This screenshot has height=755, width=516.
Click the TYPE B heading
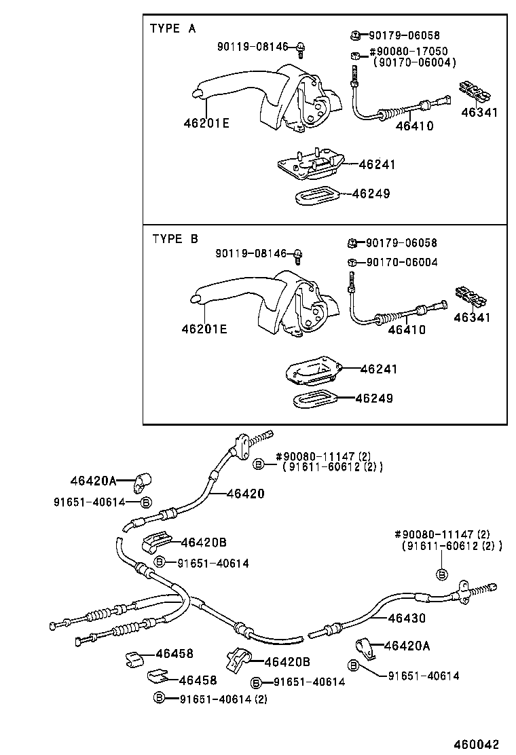pyautogui.click(x=175, y=239)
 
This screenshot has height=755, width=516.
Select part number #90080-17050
pyautogui.click(x=408, y=52)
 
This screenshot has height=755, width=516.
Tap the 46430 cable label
pyautogui.click(x=407, y=619)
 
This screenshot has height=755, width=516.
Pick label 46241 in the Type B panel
pyautogui.click(x=379, y=369)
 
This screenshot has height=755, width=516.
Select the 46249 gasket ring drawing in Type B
pyautogui.click(x=316, y=399)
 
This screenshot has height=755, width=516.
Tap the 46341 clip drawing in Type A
pyautogui.click(x=475, y=90)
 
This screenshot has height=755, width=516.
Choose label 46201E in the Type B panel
pyautogui.click(x=204, y=329)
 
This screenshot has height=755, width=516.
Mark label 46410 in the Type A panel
pyautogui.click(x=414, y=126)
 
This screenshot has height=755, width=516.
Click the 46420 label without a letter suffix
pyautogui.click(x=245, y=494)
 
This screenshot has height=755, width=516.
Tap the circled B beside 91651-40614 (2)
pyautogui.click(x=159, y=697)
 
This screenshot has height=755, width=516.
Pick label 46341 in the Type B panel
pyautogui.click(x=472, y=317)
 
